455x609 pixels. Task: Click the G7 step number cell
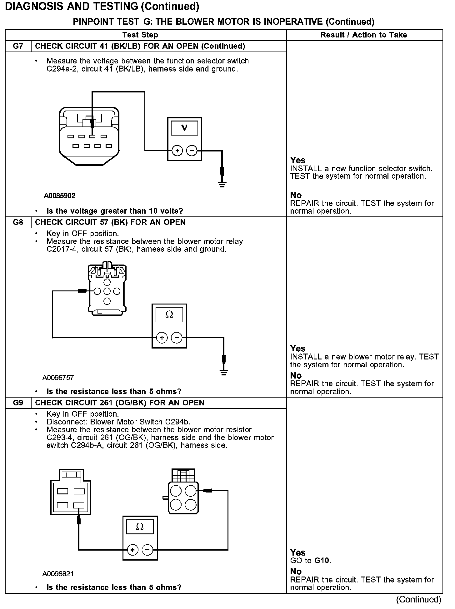[x=18, y=46]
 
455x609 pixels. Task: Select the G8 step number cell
[x=18, y=222]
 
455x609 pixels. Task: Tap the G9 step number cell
[x=18, y=403]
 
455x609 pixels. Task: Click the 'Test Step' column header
[x=140, y=35]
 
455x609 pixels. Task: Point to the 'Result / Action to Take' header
[x=364, y=35]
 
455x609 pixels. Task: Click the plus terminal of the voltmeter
[x=177, y=151]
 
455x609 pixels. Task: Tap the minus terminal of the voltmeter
[x=192, y=151]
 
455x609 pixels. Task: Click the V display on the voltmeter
[x=184, y=128]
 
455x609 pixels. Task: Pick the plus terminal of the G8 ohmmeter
[x=162, y=338]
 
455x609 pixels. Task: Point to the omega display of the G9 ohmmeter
[x=140, y=527]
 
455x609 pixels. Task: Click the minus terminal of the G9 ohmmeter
[x=147, y=550]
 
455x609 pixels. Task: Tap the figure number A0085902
[x=60, y=196]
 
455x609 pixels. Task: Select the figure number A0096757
[x=58, y=378]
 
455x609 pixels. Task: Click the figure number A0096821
[x=58, y=574]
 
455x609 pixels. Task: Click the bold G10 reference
[x=322, y=561]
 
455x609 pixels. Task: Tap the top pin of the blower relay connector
[x=107, y=282]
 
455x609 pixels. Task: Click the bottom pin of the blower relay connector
[x=107, y=301]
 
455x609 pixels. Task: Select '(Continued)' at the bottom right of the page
[x=419, y=599]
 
